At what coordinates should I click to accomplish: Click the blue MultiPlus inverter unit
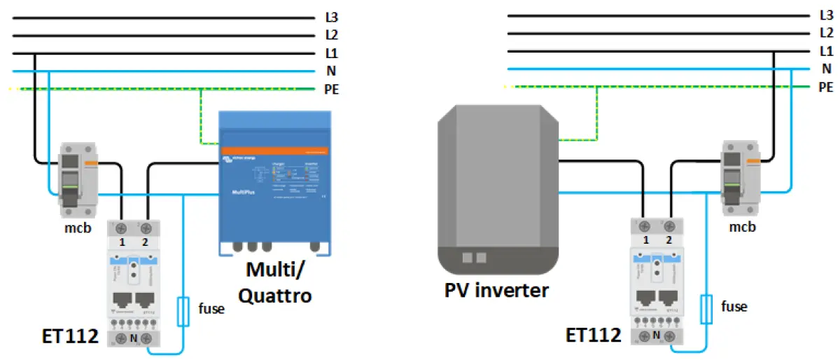coord(275,182)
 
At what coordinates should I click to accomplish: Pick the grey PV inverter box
coord(498,189)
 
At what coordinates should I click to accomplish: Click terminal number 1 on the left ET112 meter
coord(123,242)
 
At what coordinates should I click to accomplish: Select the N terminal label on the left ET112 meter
coord(134,337)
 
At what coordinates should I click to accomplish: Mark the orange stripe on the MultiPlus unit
coord(275,151)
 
